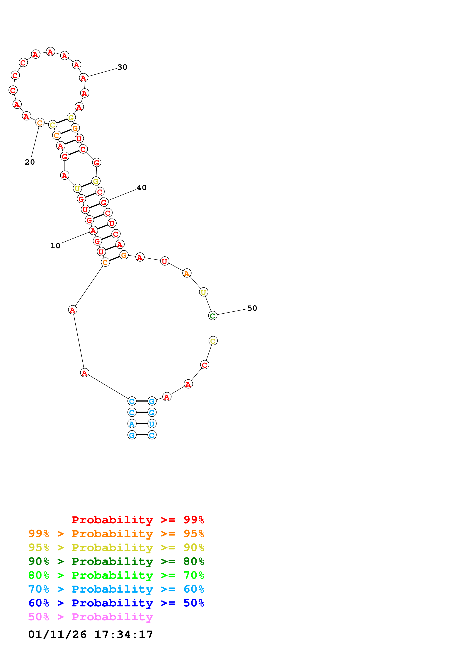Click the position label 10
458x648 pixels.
[55, 246]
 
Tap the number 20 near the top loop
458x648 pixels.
[30, 162]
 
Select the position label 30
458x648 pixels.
[122, 67]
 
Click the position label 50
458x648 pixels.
[252, 308]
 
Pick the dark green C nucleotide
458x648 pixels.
[213, 316]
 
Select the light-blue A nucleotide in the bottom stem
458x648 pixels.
[132, 424]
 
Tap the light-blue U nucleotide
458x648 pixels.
[152, 424]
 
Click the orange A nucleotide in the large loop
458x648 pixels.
[187, 273]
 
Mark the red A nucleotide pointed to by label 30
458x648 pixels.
[84, 78]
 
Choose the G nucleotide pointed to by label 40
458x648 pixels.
[104, 202]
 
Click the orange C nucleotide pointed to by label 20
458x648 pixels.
[40, 123]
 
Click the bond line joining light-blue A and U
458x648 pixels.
[142, 424]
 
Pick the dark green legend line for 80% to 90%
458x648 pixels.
[116, 561]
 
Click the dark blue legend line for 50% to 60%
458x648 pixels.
[116, 603]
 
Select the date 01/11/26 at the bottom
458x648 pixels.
[57, 635]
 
